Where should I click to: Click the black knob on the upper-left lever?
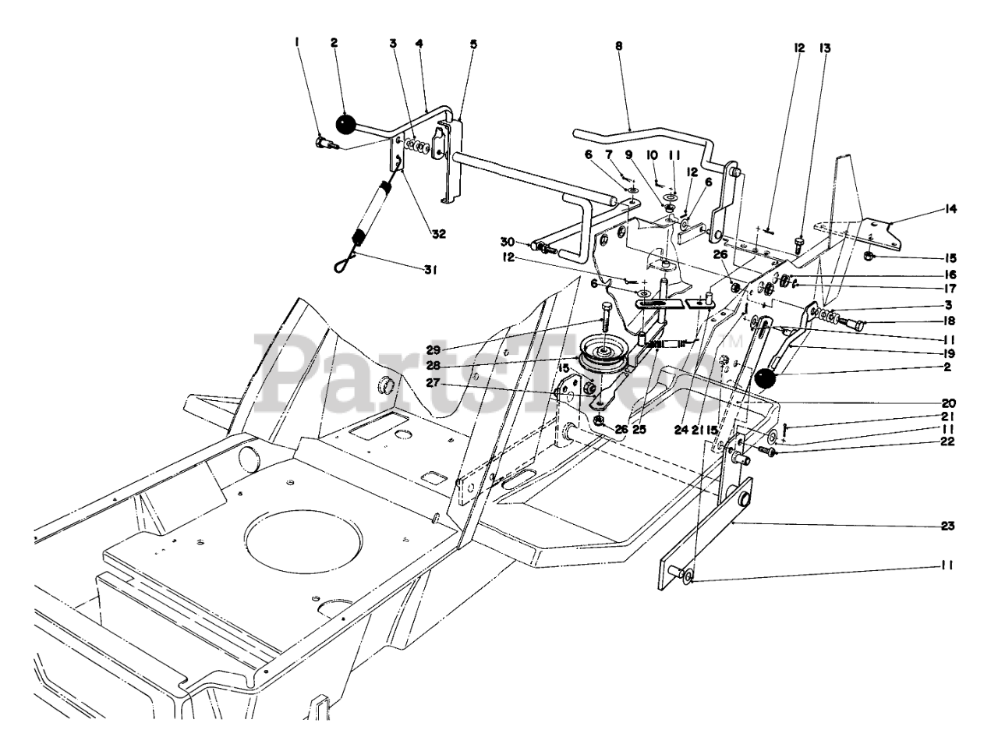click(x=344, y=123)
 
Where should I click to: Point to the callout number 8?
click(x=619, y=46)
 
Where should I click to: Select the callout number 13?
click(x=825, y=48)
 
